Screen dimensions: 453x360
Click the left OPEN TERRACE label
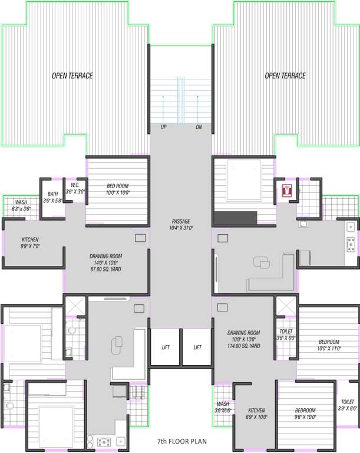point(72,75)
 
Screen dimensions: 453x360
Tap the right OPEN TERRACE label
point(285,75)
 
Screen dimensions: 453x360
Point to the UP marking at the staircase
point(163,127)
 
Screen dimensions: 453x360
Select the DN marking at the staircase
point(199,127)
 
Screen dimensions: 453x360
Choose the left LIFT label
point(166,347)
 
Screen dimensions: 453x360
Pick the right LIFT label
point(197,347)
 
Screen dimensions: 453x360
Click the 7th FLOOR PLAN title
point(181,441)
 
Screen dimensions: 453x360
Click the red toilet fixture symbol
point(287,191)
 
